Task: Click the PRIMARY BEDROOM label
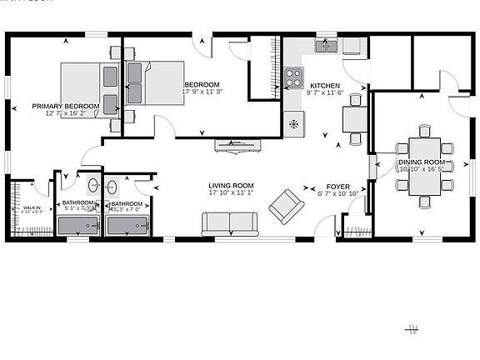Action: point(66,107)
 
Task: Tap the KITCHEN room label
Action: point(325,86)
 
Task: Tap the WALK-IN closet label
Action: point(32,207)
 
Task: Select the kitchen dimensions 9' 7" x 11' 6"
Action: point(325,93)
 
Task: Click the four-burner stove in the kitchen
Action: point(293,77)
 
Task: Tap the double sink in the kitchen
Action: point(326,47)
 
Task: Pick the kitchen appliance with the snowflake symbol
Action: point(293,124)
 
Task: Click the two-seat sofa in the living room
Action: point(229,223)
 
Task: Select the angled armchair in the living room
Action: point(286,206)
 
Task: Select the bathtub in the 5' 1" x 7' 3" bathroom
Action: point(79,225)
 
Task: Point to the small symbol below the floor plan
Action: point(412,330)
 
